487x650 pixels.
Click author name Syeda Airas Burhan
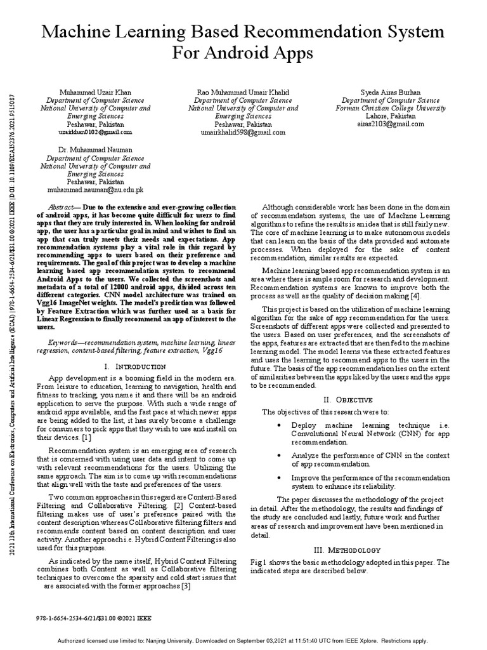(x=390, y=92)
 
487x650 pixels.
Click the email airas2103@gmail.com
(x=390, y=125)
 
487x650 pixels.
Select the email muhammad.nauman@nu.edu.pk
(x=96, y=190)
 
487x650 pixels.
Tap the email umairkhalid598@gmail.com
(x=243, y=133)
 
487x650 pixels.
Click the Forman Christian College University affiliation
(x=390, y=109)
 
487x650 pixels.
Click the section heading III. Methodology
(x=347, y=550)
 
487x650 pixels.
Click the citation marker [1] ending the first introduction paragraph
(x=86, y=437)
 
